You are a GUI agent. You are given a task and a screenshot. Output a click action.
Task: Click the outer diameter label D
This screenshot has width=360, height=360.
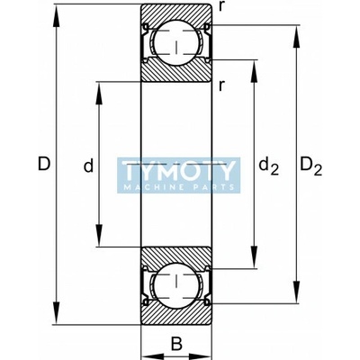click(x=44, y=164)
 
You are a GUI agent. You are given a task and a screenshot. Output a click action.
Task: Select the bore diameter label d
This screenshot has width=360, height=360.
click(x=88, y=166)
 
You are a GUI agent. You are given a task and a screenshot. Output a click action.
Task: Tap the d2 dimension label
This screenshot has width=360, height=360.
click(x=269, y=166)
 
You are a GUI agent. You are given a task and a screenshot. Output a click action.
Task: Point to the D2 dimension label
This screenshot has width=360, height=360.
click(x=311, y=166)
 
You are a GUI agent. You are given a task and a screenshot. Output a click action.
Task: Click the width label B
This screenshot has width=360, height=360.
click(x=176, y=344)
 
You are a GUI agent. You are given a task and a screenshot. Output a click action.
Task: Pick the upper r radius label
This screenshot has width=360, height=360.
click(x=221, y=7)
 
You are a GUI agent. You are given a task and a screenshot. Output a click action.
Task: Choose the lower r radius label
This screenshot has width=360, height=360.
click(x=221, y=86)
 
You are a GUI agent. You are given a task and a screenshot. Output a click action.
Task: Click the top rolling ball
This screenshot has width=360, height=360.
click(x=176, y=42)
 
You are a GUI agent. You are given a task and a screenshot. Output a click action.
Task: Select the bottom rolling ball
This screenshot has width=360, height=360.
click(x=176, y=285)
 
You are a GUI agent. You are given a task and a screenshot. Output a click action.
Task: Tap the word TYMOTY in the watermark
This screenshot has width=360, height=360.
click(x=179, y=171)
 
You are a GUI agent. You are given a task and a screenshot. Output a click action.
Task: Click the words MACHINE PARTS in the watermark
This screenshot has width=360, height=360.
click(x=179, y=187)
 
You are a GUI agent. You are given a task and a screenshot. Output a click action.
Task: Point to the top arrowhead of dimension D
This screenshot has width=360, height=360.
click(x=57, y=16)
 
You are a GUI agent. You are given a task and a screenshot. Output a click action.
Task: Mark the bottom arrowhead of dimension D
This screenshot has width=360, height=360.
click(x=57, y=312)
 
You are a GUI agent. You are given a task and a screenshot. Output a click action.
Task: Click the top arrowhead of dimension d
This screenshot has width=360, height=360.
click(x=99, y=93)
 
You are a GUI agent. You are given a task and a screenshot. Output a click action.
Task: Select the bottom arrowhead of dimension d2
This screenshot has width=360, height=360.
click(x=254, y=256)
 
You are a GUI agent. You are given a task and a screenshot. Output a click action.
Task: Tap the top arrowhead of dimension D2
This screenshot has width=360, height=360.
click(x=297, y=38)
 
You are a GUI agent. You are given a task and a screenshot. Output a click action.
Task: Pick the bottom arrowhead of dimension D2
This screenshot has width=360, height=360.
click(x=297, y=292)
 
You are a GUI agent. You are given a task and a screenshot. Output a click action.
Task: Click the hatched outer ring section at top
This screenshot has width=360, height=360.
click(x=176, y=12)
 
